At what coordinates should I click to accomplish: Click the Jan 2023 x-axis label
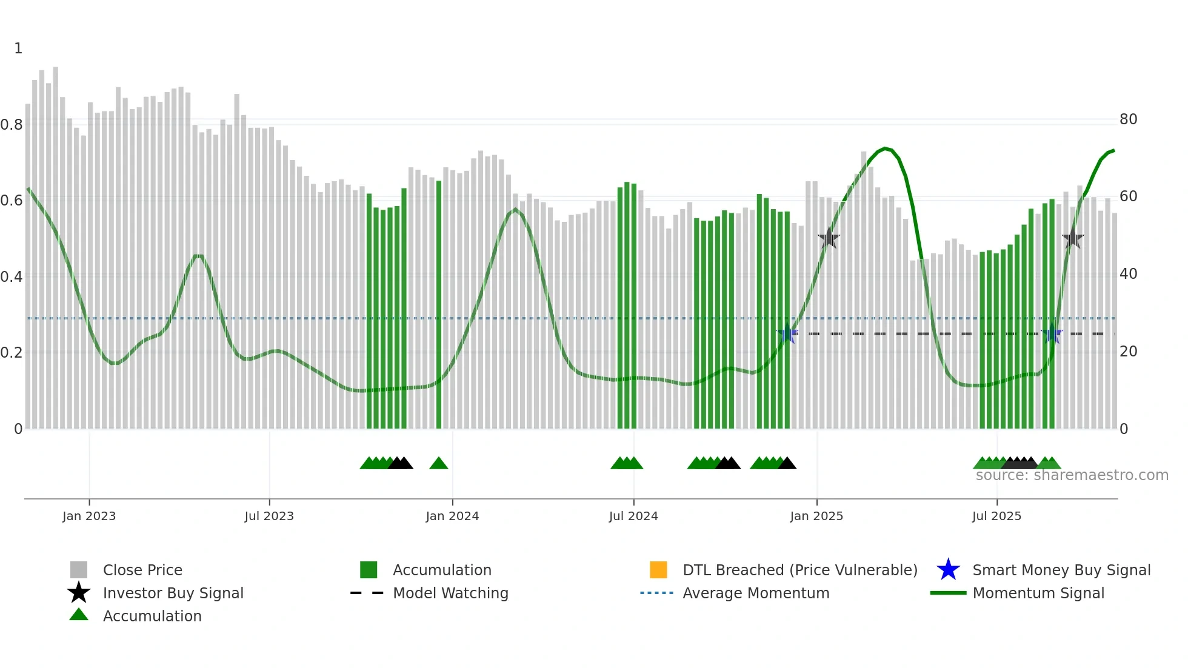[89, 516]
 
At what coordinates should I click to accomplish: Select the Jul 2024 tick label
[633, 516]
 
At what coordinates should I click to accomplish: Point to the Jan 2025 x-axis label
[816, 516]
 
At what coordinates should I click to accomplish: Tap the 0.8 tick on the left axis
[12, 125]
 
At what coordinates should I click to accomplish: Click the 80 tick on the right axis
[1129, 119]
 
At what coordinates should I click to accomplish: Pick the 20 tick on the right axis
[1129, 352]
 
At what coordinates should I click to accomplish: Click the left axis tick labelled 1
[18, 48]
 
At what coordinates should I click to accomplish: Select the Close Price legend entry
[142, 570]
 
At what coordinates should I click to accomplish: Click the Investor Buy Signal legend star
[79, 593]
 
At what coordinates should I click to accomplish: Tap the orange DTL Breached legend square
[658, 570]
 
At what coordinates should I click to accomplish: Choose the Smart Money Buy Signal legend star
[948, 570]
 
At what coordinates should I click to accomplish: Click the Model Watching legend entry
[450, 593]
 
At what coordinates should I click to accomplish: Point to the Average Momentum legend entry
[756, 593]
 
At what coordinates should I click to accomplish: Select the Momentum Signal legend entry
[1038, 593]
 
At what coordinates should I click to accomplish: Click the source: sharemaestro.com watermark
[1072, 475]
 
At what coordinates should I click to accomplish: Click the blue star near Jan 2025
[787, 333]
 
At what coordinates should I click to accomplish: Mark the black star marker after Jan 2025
[829, 239]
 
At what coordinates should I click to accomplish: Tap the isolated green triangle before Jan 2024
[439, 464]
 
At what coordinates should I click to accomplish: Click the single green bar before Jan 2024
[439, 303]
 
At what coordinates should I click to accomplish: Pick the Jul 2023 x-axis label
[269, 516]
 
